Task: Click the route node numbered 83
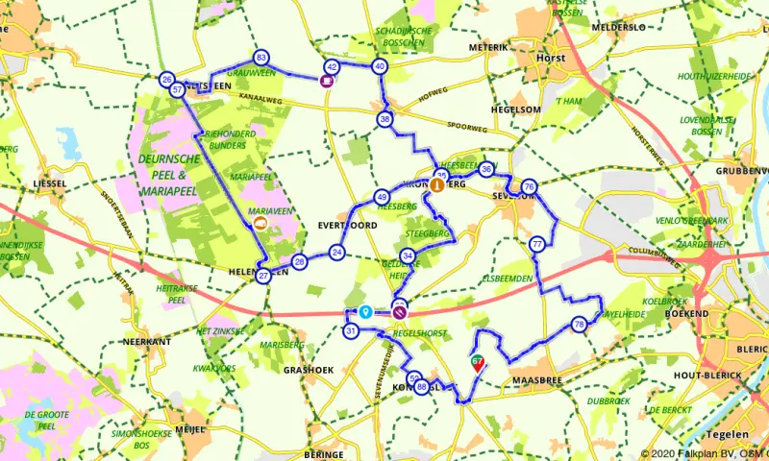(260, 58)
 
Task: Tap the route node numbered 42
(332, 66)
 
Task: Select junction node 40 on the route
(380, 66)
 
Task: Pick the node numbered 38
(385, 119)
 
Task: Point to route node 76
(529, 186)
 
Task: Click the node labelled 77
(537, 245)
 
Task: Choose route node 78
(578, 325)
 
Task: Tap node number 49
(382, 195)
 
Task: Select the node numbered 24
(336, 253)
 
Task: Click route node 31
(351, 331)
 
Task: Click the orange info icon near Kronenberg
(437, 185)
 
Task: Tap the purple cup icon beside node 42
(327, 82)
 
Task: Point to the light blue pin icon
(365, 311)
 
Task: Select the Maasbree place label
(534, 381)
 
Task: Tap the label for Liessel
(48, 182)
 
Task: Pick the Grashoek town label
(308, 369)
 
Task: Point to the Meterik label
(486, 46)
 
